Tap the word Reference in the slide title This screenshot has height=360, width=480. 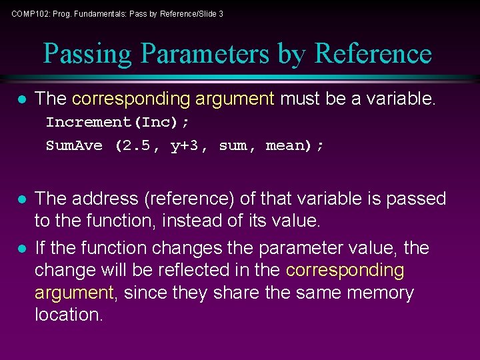tap(373, 54)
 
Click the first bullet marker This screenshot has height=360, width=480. tap(21, 100)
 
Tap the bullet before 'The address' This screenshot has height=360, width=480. tap(21, 199)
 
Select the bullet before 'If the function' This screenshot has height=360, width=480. tap(21, 249)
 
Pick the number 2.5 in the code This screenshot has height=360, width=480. tap(137, 145)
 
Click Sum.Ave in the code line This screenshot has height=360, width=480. tap(74, 145)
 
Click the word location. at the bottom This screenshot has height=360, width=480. tap(69, 315)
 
